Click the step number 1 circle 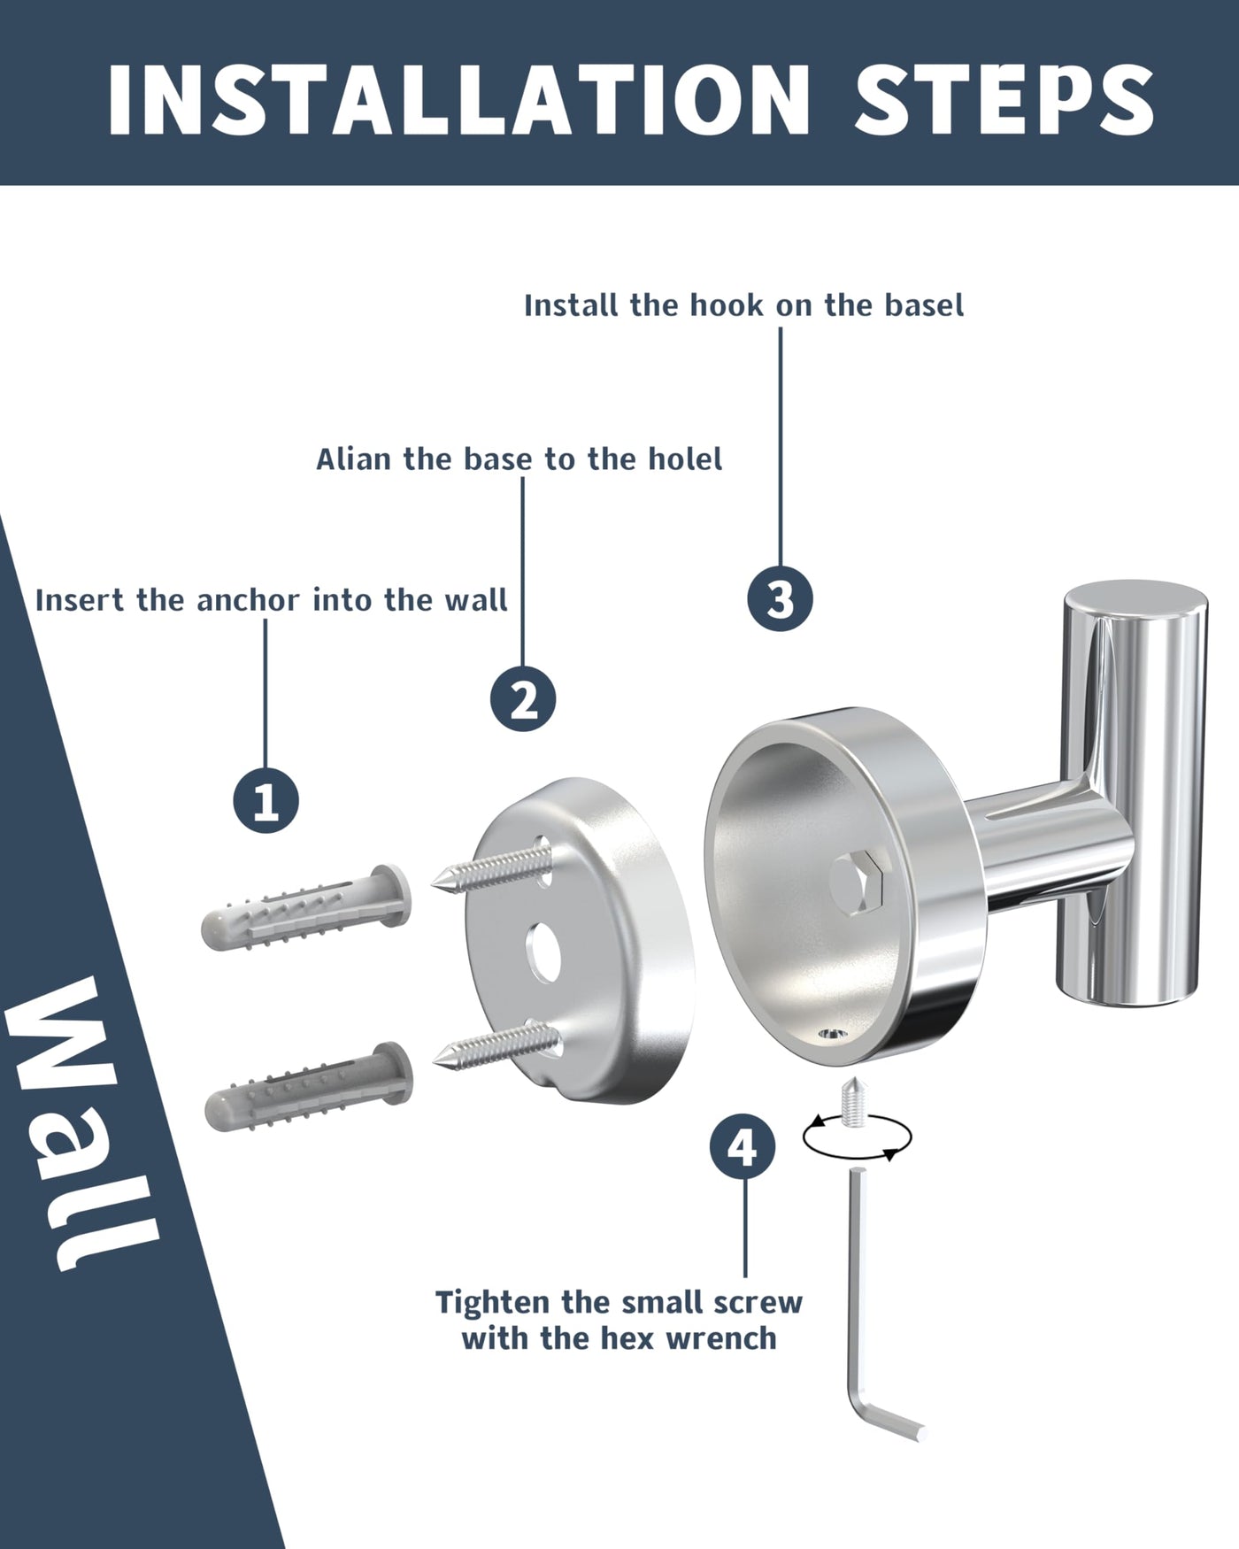265,801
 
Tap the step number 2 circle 523,699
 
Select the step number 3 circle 780,598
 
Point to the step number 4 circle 743,1147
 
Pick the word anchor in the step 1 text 248,600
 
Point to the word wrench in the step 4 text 721,1338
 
